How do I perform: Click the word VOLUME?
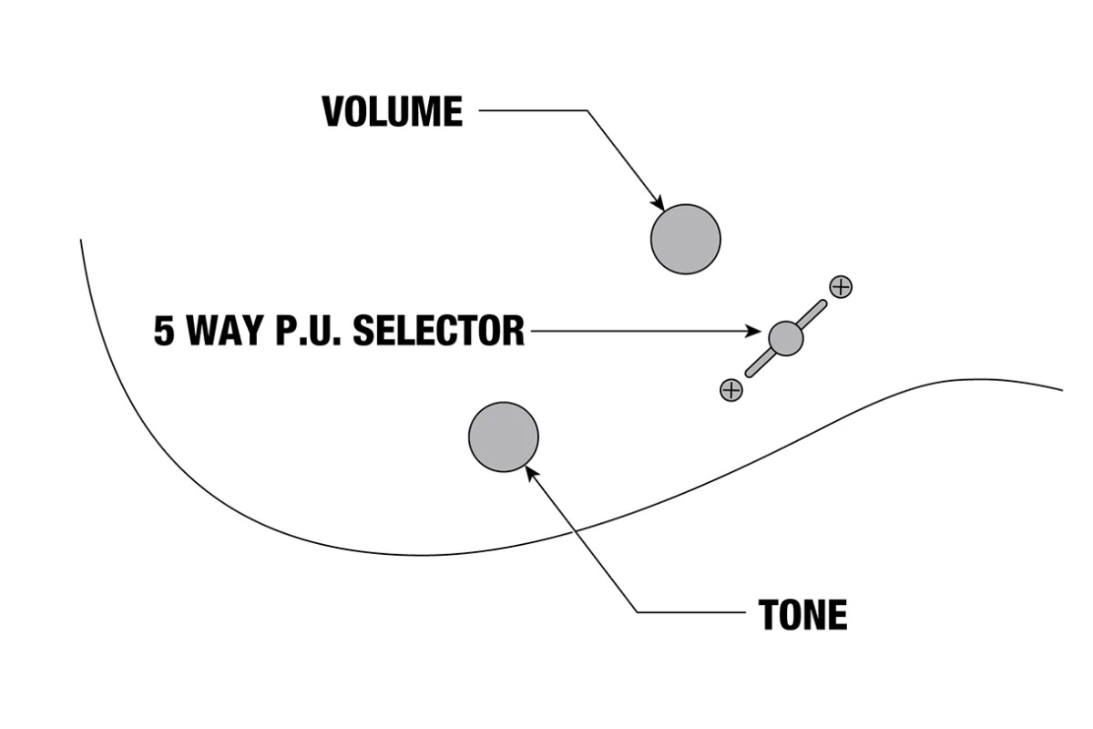click(x=393, y=112)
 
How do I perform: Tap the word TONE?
click(x=802, y=616)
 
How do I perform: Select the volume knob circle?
click(x=685, y=239)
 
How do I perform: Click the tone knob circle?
click(x=503, y=437)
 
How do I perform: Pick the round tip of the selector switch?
click(x=785, y=338)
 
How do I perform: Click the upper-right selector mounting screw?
click(x=841, y=286)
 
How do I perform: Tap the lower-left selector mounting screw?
click(x=730, y=390)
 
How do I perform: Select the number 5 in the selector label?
click(x=164, y=331)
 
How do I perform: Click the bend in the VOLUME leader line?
click(x=587, y=111)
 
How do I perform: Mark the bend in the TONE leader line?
click(x=636, y=611)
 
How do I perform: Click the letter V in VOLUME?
click(x=334, y=112)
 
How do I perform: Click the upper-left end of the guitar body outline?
click(x=82, y=241)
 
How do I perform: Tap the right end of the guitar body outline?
click(x=1061, y=389)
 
